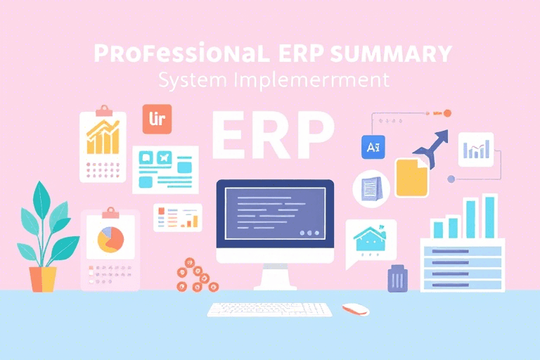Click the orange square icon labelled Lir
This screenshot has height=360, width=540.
[x=157, y=119]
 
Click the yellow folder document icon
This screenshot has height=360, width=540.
[x=411, y=177]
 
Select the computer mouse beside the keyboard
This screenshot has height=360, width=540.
[x=355, y=309]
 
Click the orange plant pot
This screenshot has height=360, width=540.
[x=43, y=278]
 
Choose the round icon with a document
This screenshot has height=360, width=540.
[x=371, y=188]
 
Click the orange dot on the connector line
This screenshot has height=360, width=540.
[x=446, y=112]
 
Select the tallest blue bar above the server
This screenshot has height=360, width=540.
[x=489, y=216]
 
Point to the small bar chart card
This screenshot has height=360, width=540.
[x=475, y=149]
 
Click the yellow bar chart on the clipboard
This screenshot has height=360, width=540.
[x=102, y=137]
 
